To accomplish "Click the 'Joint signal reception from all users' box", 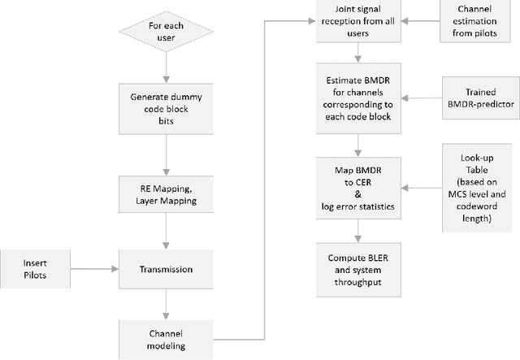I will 358,20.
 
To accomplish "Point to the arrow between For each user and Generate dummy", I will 167,68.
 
